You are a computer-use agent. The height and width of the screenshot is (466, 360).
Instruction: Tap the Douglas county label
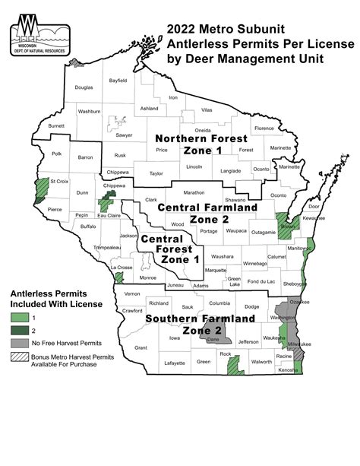pyautogui.click(x=84, y=87)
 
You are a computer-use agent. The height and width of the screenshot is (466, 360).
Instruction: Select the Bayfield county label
pyautogui.click(x=118, y=79)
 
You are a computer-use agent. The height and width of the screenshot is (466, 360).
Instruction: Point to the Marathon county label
pyautogui.click(x=194, y=192)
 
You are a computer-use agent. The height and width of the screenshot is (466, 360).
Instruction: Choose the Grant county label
pyautogui.click(x=141, y=347)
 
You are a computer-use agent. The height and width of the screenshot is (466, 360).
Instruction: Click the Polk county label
pyautogui.click(x=56, y=153)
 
